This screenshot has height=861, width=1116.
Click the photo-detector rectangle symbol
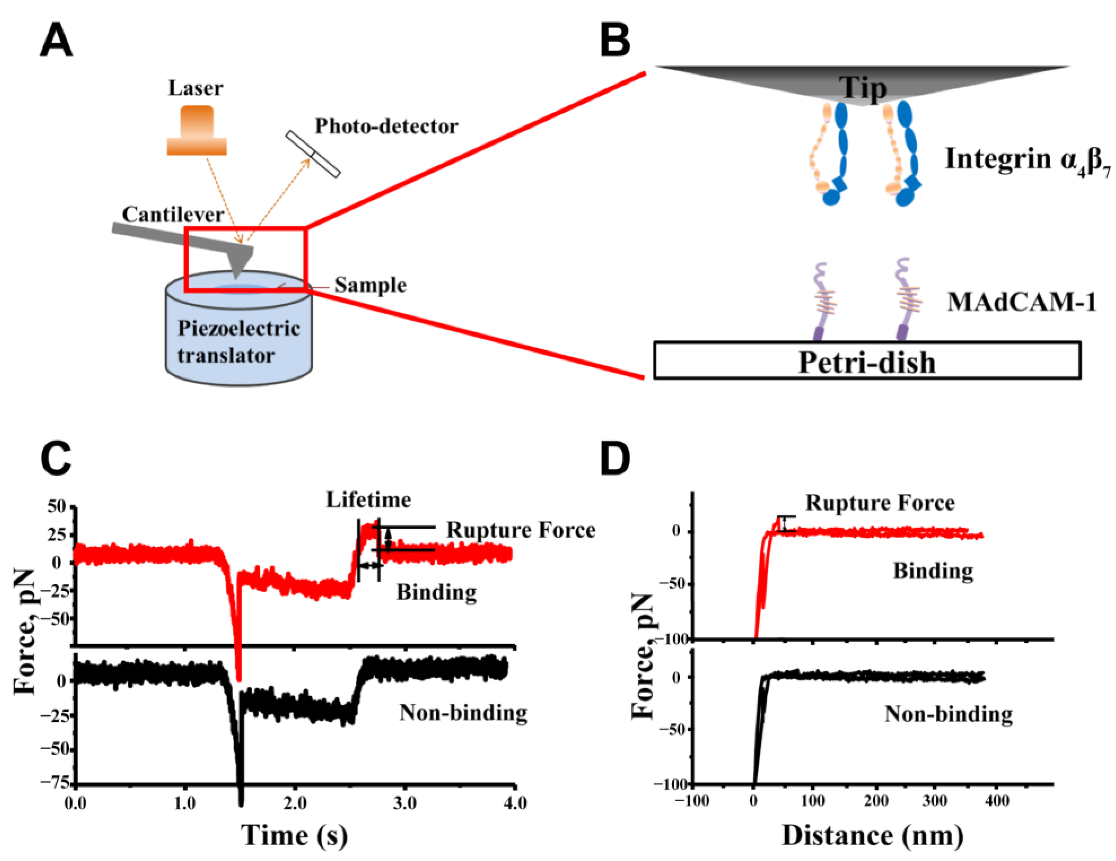[x=313, y=154]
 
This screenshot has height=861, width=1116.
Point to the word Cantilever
[x=173, y=214]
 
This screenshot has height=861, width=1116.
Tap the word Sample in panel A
[x=370, y=285]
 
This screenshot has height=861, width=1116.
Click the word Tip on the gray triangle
[x=862, y=88]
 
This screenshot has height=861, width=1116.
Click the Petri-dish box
[x=867, y=361]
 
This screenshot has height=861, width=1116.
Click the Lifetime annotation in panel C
[x=368, y=499]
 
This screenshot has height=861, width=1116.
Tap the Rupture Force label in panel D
[x=880, y=503]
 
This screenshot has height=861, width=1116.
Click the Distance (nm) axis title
[x=873, y=835]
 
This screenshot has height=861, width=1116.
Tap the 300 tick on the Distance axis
[x=935, y=801]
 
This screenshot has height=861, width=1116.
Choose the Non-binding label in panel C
[x=463, y=713]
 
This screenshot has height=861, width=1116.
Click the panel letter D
[x=615, y=459]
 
